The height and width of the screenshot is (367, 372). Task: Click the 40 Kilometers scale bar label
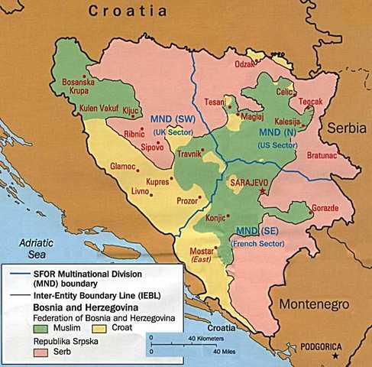201,337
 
